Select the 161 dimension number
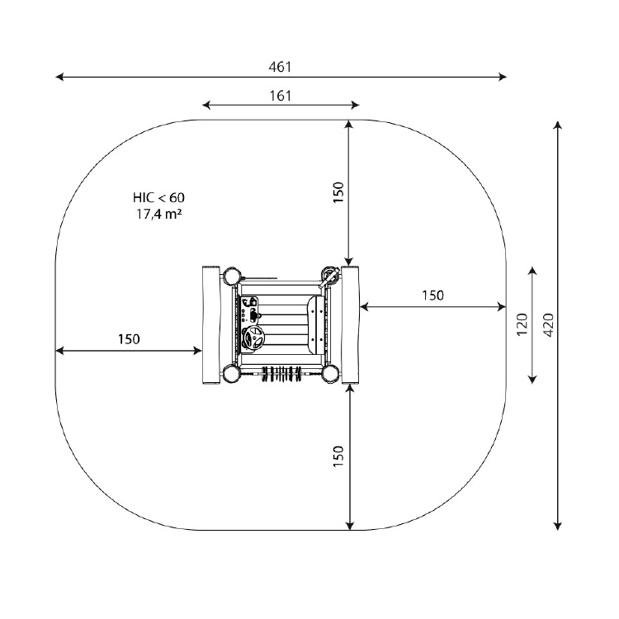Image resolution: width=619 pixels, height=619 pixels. (x=281, y=96)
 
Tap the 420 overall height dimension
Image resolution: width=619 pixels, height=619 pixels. (x=548, y=325)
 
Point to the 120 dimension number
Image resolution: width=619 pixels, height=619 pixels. (x=522, y=324)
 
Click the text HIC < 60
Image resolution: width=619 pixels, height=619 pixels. (x=158, y=197)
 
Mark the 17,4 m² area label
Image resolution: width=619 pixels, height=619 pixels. (x=158, y=214)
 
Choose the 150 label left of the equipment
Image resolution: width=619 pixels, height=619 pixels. (x=129, y=339)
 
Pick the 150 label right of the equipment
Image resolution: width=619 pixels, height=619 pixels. (x=432, y=295)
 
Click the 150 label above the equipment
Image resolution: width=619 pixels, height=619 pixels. (x=338, y=192)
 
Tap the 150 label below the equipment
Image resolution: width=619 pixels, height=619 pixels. (x=338, y=456)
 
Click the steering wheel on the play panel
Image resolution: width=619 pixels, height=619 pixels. (x=252, y=338)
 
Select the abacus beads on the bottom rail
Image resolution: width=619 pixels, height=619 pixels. (x=281, y=373)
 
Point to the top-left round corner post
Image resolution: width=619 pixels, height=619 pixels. (x=232, y=276)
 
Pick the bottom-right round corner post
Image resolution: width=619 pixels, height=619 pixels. (x=330, y=373)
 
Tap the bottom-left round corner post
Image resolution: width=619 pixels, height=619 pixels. (x=232, y=373)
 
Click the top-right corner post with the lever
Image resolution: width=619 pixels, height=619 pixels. (x=329, y=275)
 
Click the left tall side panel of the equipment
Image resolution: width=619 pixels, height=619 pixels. (x=210, y=325)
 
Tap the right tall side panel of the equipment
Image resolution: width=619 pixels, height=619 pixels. (x=351, y=325)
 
